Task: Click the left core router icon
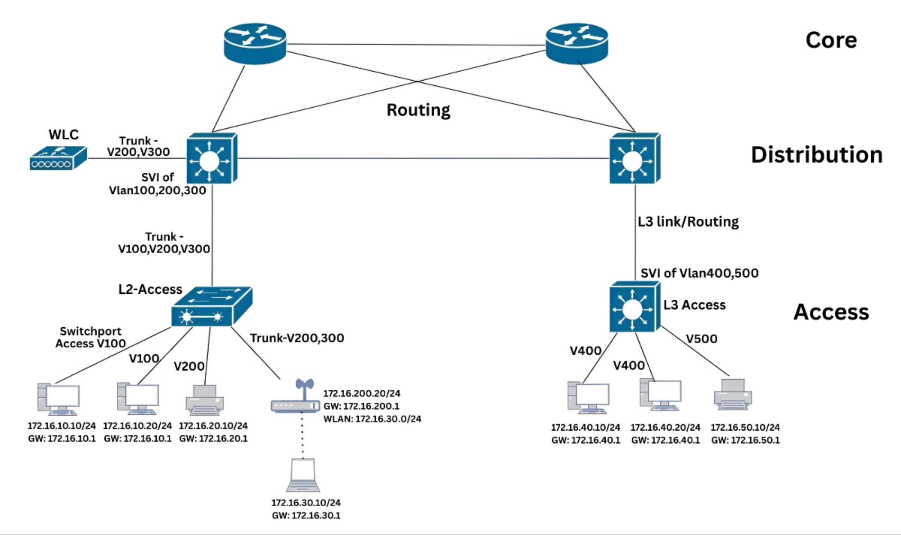[x=255, y=43]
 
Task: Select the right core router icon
[x=577, y=43]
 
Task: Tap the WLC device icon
[x=58, y=159]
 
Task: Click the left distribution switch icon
[x=211, y=159]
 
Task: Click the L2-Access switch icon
[x=211, y=307]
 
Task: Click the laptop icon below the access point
[x=303, y=475]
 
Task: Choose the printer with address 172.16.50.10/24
[x=733, y=394]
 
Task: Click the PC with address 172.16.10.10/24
[x=59, y=399]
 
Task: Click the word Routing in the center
[x=418, y=110]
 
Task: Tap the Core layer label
[x=831, y=40]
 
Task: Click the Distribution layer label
[x=816, y=155]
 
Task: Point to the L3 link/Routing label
[x=688, y=222]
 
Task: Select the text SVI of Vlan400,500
[x=699, y=273]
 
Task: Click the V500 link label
[x=702, y=339]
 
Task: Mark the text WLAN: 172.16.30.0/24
[x=372, y=419]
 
